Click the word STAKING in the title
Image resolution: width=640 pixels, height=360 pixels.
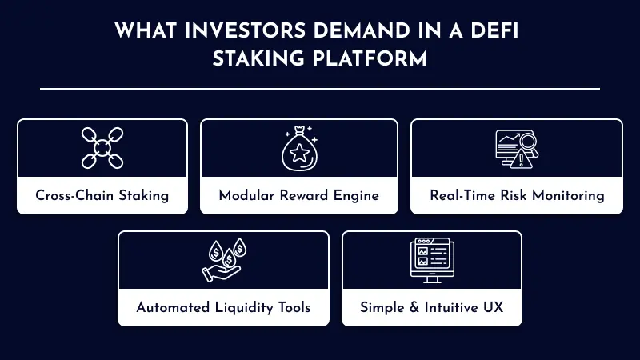[x=252, y=58]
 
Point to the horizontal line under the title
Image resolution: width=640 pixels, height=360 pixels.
[x=320, y=88]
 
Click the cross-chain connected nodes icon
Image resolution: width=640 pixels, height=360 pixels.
[x=102, y=148]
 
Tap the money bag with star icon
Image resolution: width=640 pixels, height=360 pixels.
[x=298, y=148]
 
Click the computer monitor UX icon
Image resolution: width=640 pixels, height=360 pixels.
[x=432, y=261]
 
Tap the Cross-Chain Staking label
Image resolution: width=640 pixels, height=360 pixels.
[x=102, y=195]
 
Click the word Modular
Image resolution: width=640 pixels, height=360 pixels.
[x=246, y=195]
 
